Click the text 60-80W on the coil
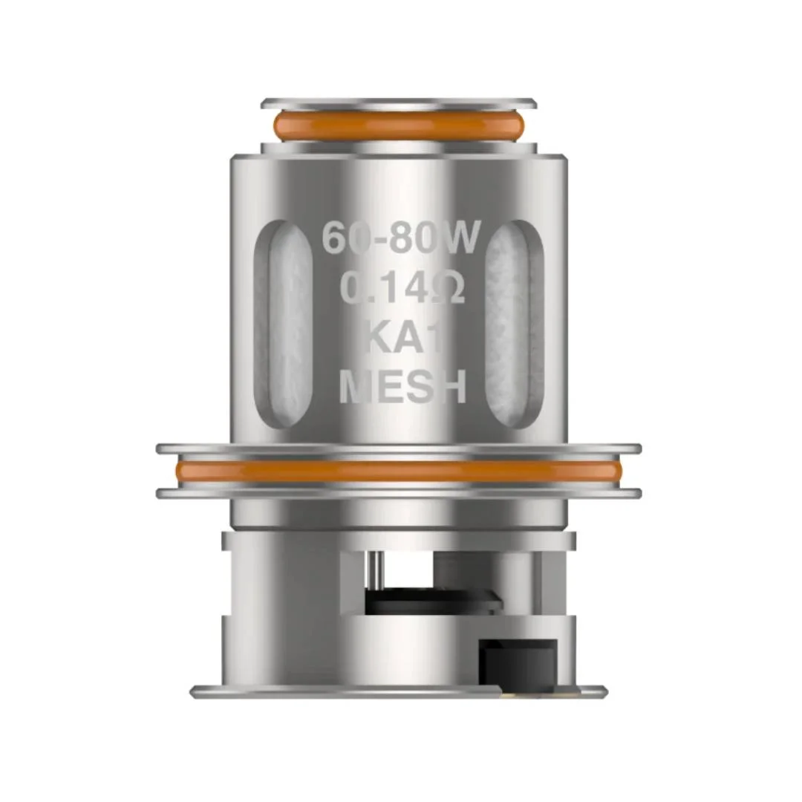[x=402, y=238]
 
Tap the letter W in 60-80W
[x=465, y=238]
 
